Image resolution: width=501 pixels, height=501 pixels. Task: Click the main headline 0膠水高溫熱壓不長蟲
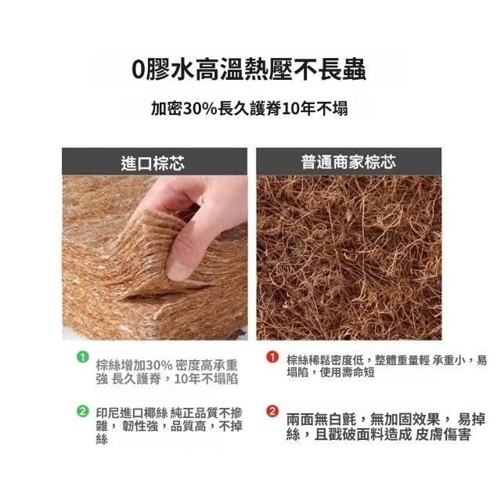pyautogui.click(x=249, y=70)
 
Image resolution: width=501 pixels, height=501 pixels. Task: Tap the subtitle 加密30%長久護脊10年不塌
pyautogui.click(x=249, y=109)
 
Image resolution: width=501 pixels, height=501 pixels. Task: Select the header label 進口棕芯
pyautogui.click(x=153, y=163)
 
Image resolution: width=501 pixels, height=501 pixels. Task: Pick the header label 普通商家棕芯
pyautogui.click(x=348, y=162)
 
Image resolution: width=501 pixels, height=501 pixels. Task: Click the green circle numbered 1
pyautogui.click(x=83, y=357)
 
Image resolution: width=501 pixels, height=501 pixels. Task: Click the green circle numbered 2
pyautogui.click(x=83, y=411)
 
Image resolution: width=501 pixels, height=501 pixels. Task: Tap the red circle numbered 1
pyautogui.click(x=272, y=357)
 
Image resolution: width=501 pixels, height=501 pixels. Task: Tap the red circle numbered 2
pyautogui.click(x=272, y=411)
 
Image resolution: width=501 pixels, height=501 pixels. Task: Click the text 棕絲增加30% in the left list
pyautogui.click(x=135, y=366)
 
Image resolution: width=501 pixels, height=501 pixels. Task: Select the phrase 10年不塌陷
pyautogui.click(x=206, y=379)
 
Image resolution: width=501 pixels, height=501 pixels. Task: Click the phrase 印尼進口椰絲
pyautogui.click(x=132, y=413)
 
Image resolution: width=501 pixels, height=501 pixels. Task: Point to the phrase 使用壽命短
pyautogui.click(x=347, y=373)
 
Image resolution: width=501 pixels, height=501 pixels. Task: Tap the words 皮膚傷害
pyautogui.click(x=443, y=434)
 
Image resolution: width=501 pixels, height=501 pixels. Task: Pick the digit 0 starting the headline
pyautogui.click(x=138, y=70)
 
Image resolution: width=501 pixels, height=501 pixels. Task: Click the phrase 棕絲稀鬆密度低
pyautogui.click(x=325, y=360)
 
